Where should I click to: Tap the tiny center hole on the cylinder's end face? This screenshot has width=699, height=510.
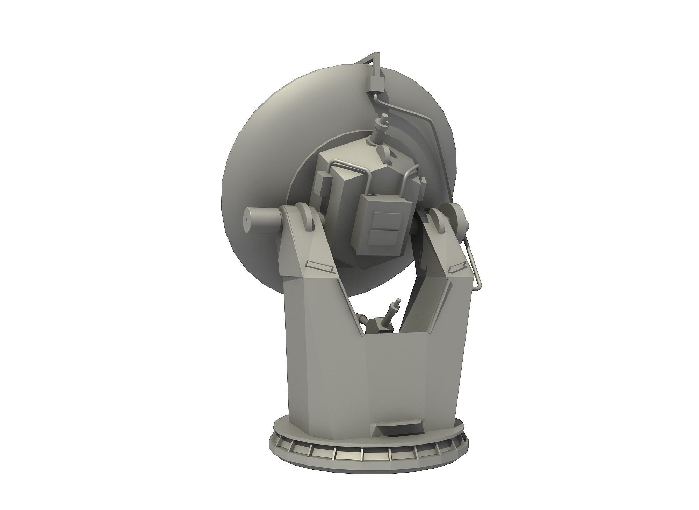click(x=246, y=220)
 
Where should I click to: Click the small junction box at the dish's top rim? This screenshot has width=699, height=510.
click(x=373, y=83)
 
